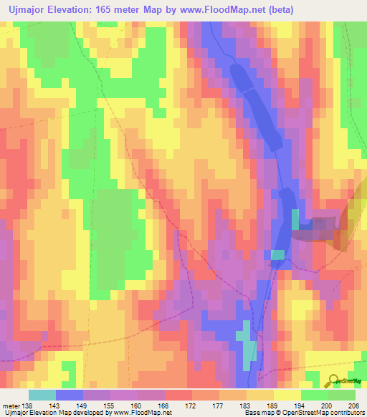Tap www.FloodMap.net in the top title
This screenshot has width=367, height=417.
(216, 9)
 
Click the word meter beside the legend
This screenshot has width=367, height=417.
(11, 405)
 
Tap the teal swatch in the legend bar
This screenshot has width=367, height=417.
(42, 395)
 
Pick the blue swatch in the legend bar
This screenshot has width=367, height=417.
(70, 395)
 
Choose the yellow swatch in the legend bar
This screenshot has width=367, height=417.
(287, 395)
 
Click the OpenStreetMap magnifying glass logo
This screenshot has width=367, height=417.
(334, 381)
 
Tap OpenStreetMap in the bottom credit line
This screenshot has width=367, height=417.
(312, 413)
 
